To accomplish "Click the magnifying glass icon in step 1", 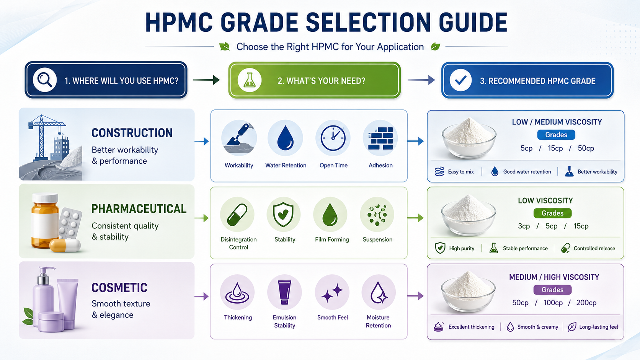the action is point(44,80).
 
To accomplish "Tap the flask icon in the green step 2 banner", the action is point(250,80).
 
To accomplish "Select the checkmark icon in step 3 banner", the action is point(460,80).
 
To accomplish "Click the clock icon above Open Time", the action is point(333,138).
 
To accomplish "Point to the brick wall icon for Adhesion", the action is point(380,138).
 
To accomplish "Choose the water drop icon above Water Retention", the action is point(286,138).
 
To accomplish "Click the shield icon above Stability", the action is point(283,214).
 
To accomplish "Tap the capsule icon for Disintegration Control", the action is point(237,215).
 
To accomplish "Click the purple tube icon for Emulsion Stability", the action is point(284,292).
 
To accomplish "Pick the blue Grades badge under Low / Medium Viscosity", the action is point(556,135).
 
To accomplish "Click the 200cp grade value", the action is point(586,303).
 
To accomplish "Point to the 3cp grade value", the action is point(524,226).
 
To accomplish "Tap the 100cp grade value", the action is point(553,303).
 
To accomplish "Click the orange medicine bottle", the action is point(45,221).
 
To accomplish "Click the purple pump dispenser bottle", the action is point(43,297).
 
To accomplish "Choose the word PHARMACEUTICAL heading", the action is point(139,209).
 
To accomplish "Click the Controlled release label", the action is point(594,248).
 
